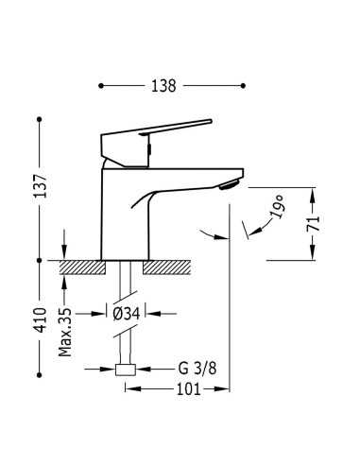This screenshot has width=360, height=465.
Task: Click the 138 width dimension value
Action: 163,86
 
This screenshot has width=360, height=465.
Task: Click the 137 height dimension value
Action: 41,186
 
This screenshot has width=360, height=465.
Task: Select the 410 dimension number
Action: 41,320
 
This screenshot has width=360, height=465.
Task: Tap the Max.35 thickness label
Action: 65,333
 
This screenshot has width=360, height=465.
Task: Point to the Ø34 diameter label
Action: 126,314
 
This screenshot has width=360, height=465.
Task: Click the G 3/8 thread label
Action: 197,369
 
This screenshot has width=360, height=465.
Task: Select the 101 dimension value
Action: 188,389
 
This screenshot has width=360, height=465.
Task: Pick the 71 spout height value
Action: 313,224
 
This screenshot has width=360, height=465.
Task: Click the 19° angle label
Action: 278,207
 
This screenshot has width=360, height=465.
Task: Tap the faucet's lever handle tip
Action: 211,121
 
